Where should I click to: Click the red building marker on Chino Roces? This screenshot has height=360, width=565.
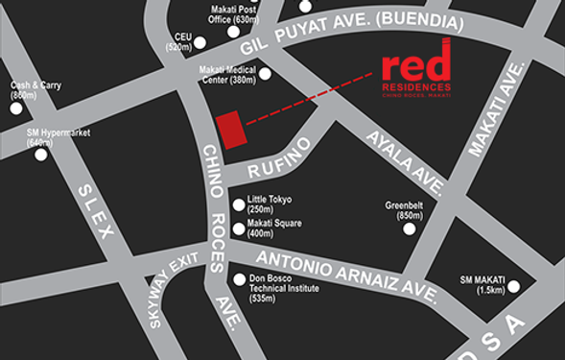pyautogui.click(x=227, y=129)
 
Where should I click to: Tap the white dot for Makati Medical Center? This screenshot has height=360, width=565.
pyautogui.click(x=265, y=73)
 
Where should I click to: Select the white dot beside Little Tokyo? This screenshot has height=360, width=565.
pyautogui.click(x=239, y=204)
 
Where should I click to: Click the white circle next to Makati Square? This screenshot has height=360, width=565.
pyautogui.click(x=239, y=228)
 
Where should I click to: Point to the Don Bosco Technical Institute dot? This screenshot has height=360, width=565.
pyautogui.click(x=239, y=279)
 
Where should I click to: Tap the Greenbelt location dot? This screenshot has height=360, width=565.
pyautogui.click(x=410, y=228)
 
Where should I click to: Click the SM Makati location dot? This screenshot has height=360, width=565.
pyautogui.click(x=514, y=286)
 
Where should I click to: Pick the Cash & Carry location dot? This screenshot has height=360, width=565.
pyautogui.click(x=16, y=108)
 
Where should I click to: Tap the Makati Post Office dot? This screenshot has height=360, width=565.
pyautogui.click(x=233, y=32)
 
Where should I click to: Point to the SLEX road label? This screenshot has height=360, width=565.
pyautogui.click(x=97, y=214)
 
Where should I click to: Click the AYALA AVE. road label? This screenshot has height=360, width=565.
pyautogui.click(x=406, y=158)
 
